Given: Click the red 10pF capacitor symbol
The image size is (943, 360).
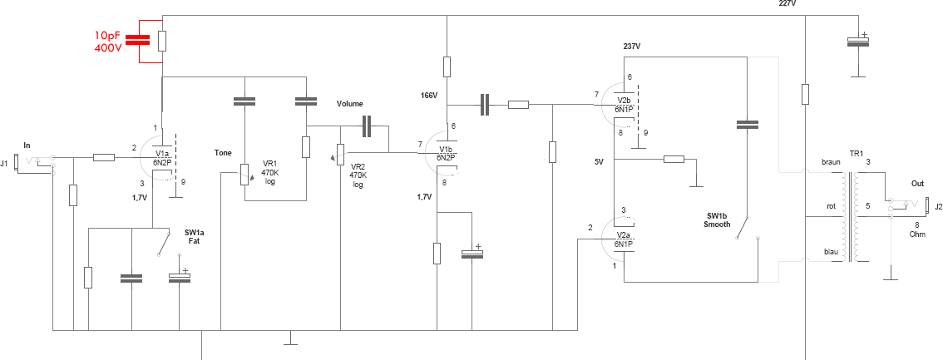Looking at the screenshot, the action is click(138, 40).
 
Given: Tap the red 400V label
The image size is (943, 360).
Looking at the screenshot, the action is click(109, 47).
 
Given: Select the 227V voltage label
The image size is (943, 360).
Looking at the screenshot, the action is click(787, 3).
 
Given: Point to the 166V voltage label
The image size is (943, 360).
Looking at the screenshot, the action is click(430, 95).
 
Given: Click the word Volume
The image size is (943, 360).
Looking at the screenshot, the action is click(349, 104).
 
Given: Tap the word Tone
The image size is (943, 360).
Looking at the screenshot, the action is click(223, 153).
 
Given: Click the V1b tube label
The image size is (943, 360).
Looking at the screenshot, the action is click(446, 150).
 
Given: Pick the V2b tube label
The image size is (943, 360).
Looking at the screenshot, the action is click(623, 101).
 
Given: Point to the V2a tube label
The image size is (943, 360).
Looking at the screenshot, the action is click(622, 235).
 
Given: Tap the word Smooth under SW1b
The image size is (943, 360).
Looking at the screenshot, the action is click(718, 224).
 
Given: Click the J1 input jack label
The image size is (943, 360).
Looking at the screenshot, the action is click(4, 162).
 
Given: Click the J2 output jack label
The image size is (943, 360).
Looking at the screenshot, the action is click(937, 206).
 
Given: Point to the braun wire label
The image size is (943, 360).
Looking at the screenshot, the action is click(831, 163).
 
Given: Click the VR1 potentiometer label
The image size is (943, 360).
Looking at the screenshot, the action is click(270, 163).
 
